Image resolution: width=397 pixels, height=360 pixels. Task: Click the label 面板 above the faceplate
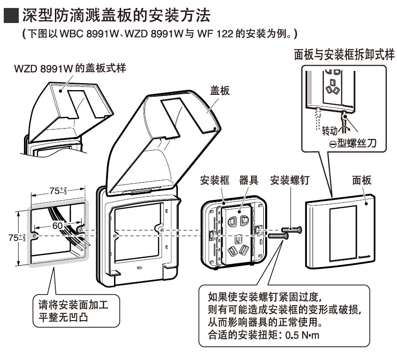pyautogui.click(x=362, y=180)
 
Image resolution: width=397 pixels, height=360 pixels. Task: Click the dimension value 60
pyautogui.click(x=57, y=225)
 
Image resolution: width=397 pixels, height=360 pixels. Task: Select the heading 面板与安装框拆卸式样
pyautogui.click(x=344, y=54)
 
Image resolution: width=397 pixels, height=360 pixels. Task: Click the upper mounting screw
pyautogui.click(x=291, y=229)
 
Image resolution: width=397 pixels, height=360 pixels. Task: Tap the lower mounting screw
pyautogui.click(x=278, y=235)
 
